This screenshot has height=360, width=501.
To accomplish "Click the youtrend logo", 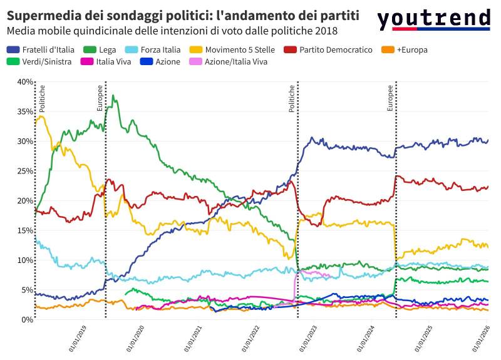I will click(433, 19).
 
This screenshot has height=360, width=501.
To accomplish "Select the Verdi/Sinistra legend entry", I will click(39, 61).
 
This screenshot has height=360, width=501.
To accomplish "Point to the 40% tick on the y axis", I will click(25, 82).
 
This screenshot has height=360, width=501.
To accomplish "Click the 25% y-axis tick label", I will click(25, 171).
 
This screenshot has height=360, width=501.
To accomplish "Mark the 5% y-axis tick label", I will click(27, 290).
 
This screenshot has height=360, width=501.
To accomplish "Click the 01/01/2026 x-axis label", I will click(487, 338).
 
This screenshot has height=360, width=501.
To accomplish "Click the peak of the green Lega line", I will click(113, 96).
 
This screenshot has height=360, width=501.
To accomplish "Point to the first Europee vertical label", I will click(100, 98).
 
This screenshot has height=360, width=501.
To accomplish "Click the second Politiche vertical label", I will click(291, 98).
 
